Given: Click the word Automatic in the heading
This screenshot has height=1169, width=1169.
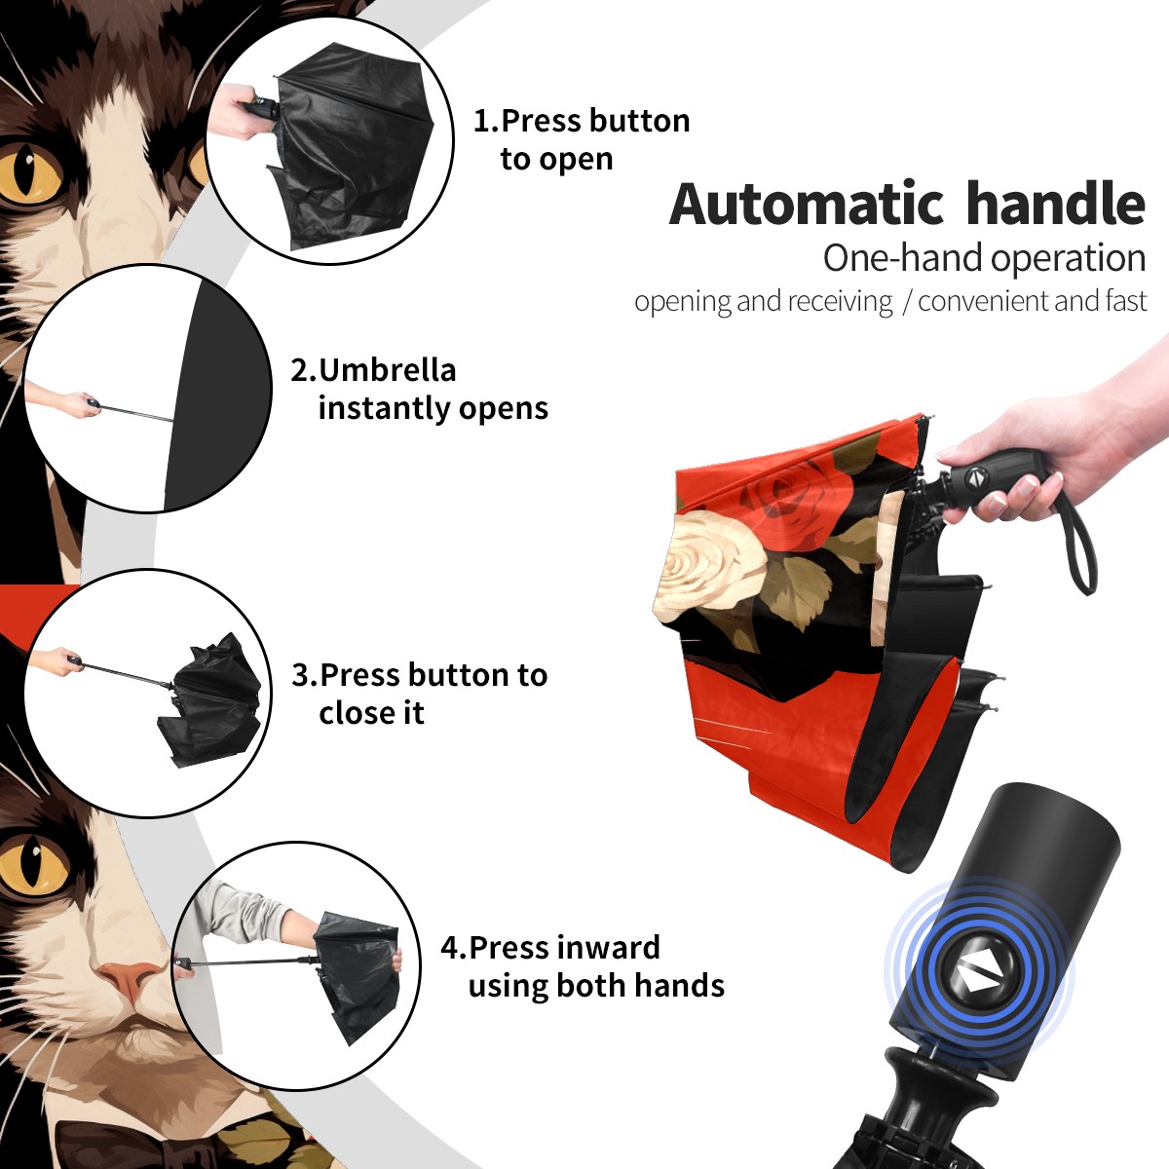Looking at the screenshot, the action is click(x=807, y=205).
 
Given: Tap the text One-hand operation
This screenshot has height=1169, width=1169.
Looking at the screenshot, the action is click(x=984, y=258).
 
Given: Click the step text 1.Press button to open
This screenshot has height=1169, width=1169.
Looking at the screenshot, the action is click(x=582, y=139).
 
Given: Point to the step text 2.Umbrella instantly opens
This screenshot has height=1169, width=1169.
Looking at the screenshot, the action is click(x=419, y=389).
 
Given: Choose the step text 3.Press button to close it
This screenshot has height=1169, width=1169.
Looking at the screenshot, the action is click(x=419, y=694).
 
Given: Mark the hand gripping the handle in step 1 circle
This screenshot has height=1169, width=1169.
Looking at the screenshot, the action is click(x=239, y=111).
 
